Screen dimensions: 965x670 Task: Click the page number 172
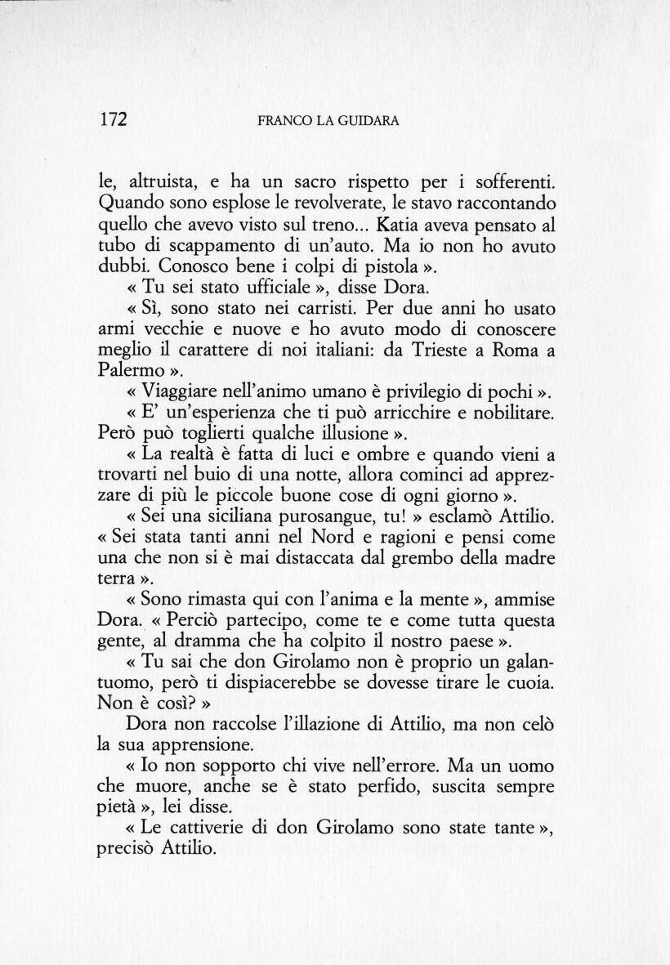(x=113, y=119)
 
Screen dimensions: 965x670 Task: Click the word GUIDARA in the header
(x=371, y=121)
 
